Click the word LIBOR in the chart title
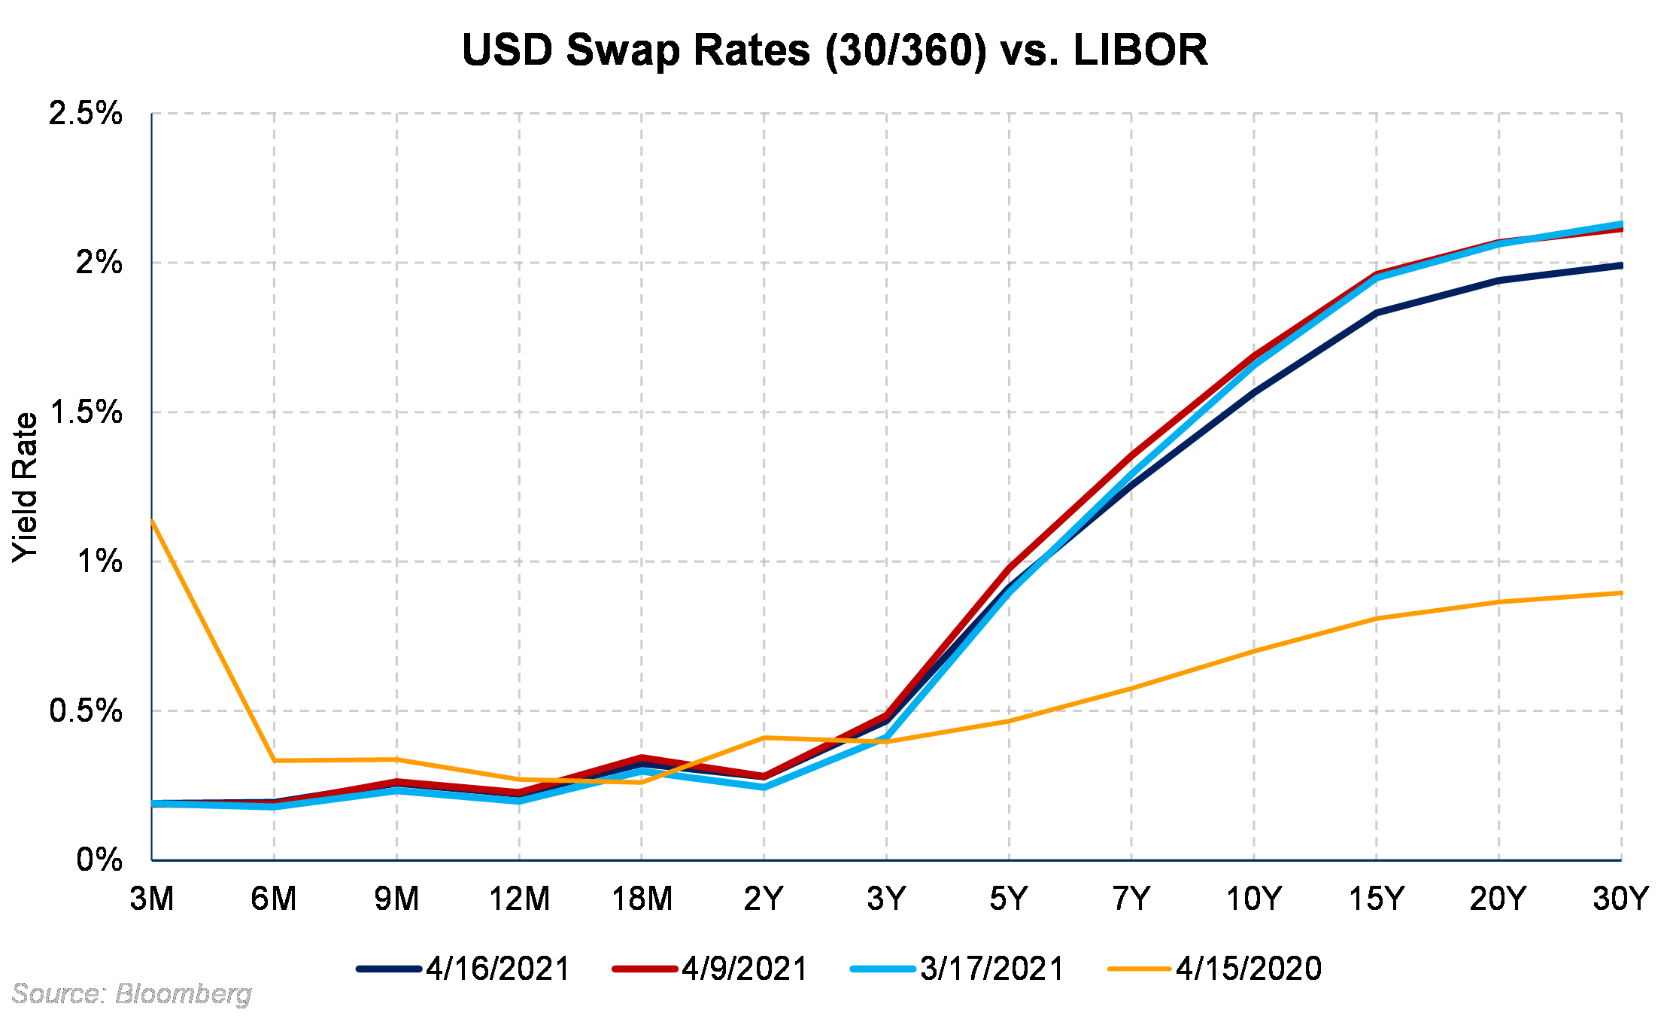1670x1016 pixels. [x=1140, y=50]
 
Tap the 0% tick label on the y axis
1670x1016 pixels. [x=99, y=859]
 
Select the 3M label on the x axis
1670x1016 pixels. [x=152, y=899]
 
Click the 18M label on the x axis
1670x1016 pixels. [x=642, y=899]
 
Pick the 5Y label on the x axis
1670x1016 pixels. [x=1009, y=899]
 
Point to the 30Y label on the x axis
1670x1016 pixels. [x=1620, y=899]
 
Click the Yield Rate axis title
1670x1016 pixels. [x=25, y=487]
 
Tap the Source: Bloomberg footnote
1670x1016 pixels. [x=132, y=994]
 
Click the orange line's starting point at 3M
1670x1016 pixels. [x=153, y=520]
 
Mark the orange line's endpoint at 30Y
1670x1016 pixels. [x=1620, y=593]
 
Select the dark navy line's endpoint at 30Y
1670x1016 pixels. [x=1620, y=266]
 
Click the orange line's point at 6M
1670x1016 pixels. [x=275, y=761]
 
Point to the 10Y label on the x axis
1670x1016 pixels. [x=1254, y=899]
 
